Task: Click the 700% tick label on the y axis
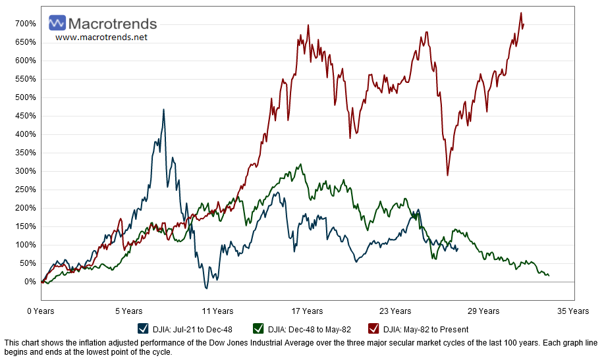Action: click(x=26, y=24)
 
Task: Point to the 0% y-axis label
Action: click(x=30, y=282)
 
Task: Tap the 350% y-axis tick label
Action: click(x=26, y=153)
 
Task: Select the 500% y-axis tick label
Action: click(x=26, y=97)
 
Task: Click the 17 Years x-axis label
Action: click(x=307, y=311)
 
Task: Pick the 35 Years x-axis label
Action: click(x=573, y=311)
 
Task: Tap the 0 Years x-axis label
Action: click(x=41, y=311)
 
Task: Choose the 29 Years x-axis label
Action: click(x=484, y=311)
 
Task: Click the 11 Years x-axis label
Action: click(x=218, y=311)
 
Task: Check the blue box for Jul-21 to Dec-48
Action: click(x=143, y=329)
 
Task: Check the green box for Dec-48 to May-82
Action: click(x=258, y=329)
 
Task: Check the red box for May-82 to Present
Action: click(x=373, y=329)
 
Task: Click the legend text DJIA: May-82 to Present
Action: click(x=426, y=329)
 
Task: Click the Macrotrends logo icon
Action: click(x=57, y=24)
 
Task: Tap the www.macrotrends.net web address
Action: click(x=101, y=38)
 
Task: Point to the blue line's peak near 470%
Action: click(x=163, y=110)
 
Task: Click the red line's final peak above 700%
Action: click(x=521, y=13)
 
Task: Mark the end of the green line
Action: click(x=549, y=275)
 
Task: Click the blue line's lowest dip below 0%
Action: click(x=206, y=288)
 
